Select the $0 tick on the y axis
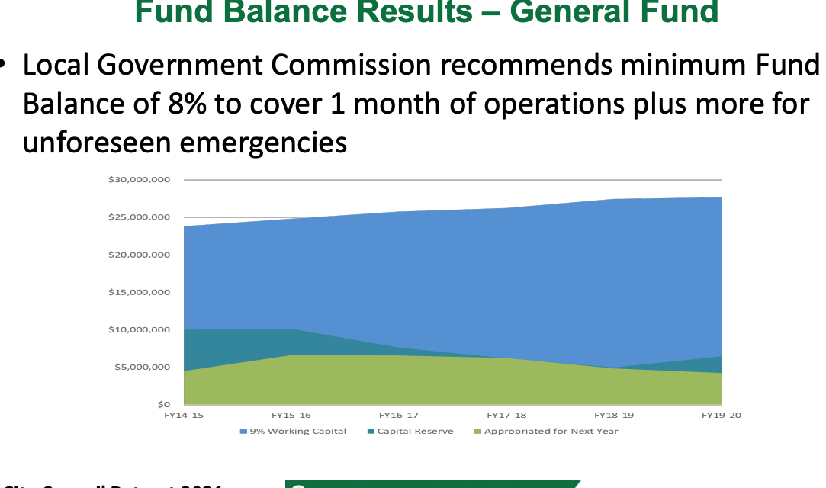click(163, 404)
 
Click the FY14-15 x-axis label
click(184, 416)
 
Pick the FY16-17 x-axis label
click(399, 416)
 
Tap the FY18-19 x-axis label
click(614, 416)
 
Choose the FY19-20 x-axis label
click(722, 416)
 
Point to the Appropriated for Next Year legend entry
click(551, 431)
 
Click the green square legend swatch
click(477, 432)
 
